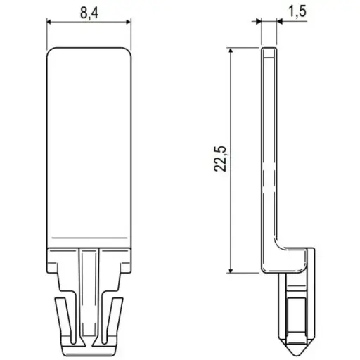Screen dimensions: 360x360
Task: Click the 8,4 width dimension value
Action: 89,13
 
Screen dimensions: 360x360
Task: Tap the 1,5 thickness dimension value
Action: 297,11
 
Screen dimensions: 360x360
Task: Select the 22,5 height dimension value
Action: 220,159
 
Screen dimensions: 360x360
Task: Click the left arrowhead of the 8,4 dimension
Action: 49,22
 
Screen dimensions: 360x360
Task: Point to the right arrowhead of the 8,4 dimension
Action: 129,22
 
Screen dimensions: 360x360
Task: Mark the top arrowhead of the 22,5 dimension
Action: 231,51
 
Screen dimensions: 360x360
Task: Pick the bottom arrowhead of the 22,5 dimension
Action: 231,270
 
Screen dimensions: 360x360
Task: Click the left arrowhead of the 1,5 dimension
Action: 259,22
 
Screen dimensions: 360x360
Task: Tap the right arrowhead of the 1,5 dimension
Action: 280,22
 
